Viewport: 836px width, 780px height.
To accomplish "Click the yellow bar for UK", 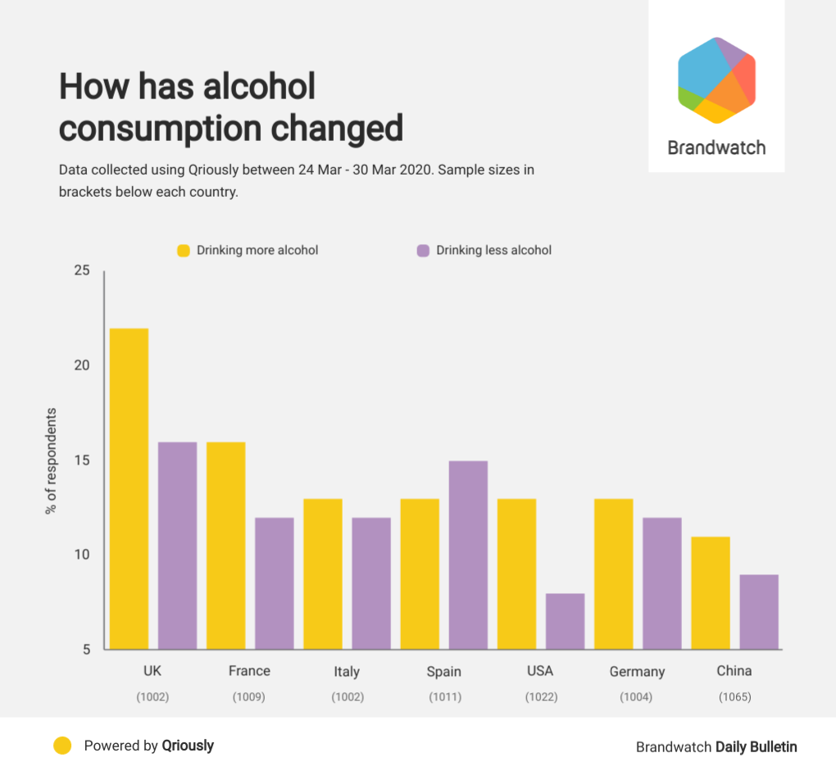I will coord(129,489).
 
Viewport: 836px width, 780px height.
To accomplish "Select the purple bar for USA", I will coord(565,621).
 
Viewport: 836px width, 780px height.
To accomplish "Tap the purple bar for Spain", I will coord(468,556).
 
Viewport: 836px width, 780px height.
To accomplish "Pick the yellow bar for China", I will coord(710,593).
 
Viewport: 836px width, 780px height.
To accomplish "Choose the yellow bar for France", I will coord(225,546).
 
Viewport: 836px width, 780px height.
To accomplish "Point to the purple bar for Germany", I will coord(661,583).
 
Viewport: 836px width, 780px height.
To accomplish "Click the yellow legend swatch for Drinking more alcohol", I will coord(184,250).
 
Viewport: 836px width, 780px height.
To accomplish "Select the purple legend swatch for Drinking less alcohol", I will coord(423,250).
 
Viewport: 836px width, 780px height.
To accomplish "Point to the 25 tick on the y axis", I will coord(82,270).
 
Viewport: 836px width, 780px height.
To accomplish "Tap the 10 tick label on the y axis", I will coord(82,555).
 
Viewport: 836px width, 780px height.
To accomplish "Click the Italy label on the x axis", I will coord(347,672).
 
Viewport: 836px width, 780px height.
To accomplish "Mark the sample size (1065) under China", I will coord(734,697).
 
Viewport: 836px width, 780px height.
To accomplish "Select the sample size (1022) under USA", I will coord(541,697).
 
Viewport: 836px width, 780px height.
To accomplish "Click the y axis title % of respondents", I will coord(52,460).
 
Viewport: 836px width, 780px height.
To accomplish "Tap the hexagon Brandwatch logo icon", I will coord(716,80).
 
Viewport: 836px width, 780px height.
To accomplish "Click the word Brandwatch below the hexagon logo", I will coord(716,148).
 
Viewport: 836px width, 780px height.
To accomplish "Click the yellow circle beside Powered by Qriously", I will coord(62,746).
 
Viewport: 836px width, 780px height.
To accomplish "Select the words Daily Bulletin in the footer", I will coord(756,746).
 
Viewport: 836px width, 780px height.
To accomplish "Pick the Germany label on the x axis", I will coord(637,672).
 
